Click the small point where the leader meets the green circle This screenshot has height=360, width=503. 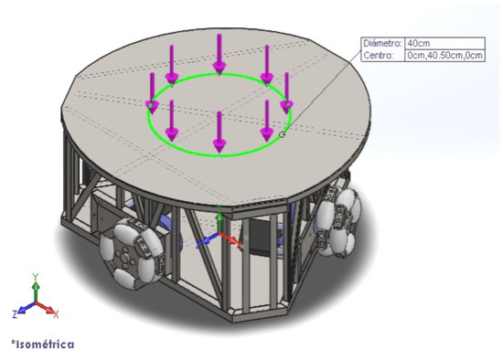tap(282, 134)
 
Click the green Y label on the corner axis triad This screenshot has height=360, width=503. tap(35, 274)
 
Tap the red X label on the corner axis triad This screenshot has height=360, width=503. tap(58, 314)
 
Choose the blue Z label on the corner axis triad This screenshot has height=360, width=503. tap(15, 313)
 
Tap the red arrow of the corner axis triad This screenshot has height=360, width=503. tap(48, 310)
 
